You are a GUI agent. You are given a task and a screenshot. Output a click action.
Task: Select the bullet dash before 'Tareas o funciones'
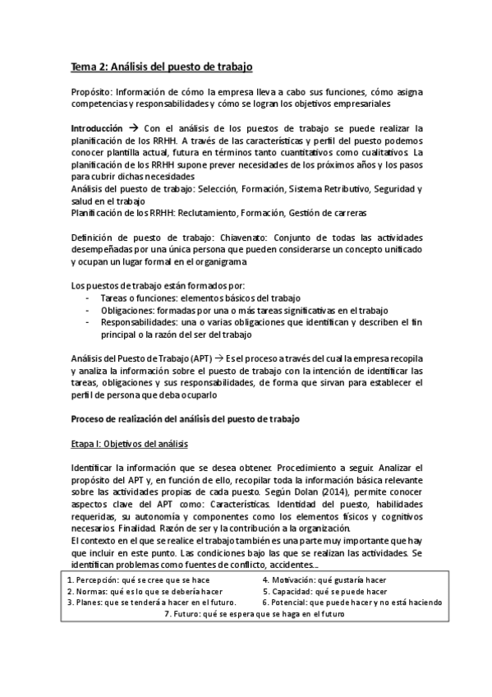click(x=88, y=297)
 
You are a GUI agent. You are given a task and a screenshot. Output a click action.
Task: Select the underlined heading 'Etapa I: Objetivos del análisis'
click(x=130, y=445)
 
